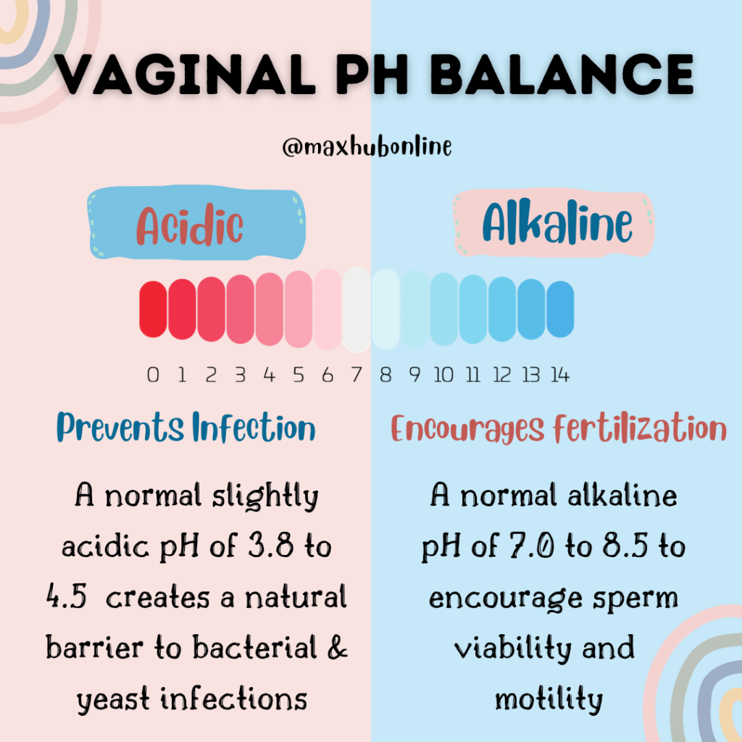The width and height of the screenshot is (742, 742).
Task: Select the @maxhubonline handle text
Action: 367,147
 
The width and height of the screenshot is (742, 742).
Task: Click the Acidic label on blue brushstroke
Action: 190,225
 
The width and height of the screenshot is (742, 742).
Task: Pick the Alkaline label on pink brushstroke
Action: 556,222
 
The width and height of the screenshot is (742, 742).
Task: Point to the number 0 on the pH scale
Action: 153,375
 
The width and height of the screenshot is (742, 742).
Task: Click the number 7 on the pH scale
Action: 356,375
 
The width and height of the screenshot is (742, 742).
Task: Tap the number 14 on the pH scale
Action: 559,375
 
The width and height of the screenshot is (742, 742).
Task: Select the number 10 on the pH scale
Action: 443,375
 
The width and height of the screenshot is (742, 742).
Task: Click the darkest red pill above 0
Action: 153,309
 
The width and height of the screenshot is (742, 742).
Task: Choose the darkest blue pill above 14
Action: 559,309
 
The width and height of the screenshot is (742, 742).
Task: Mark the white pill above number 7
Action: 356,309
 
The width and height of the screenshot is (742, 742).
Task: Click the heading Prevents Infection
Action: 186,428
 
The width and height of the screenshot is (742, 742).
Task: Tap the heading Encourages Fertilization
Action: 558,428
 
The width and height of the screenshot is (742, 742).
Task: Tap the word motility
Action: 549,699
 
